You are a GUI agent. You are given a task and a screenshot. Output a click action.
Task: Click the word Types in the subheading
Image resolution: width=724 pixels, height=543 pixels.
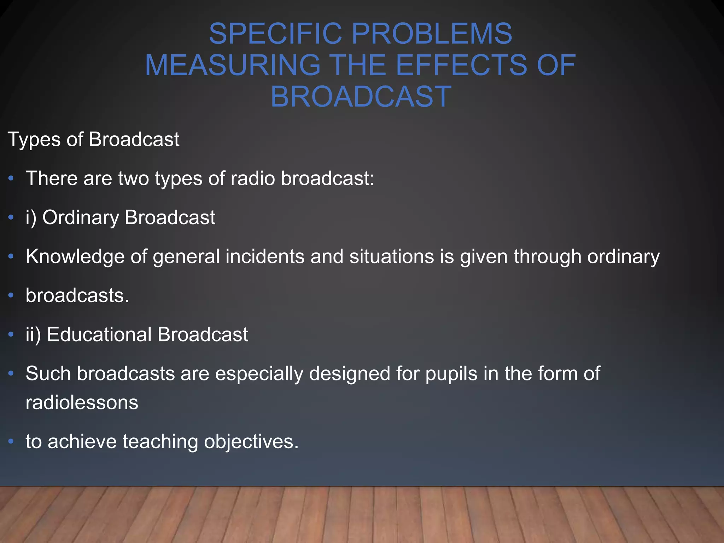[x=34, y=140]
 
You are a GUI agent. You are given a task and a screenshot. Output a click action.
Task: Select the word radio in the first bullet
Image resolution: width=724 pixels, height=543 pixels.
[x=252, y=178]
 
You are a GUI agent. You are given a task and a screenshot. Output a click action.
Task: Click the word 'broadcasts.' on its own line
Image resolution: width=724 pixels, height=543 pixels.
[x=77, y=296]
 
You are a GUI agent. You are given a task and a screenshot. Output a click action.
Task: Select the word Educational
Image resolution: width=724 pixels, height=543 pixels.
[x=99, y=334]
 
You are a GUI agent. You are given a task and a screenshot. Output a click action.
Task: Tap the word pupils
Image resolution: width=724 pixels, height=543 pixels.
[x=451, y=374]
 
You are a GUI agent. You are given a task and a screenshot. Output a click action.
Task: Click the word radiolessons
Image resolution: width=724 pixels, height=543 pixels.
[x=82, y=403]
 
